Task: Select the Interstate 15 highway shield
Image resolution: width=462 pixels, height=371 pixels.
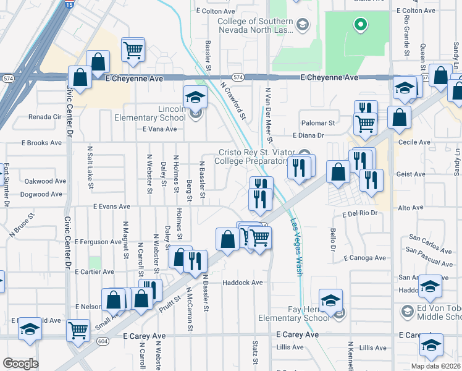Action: pyautogui.click(x=69, y=4)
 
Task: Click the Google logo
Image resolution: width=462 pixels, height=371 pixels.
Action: pyautogui.click(x=20, y=364)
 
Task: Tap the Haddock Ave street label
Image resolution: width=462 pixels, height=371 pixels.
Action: pyautogui.click(x=243, y=283)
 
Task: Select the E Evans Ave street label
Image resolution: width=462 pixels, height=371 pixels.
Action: pyautogui.click(x=112, y=207)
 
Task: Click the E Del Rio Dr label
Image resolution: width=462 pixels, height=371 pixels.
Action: pyautogui.click(x=359, y=213)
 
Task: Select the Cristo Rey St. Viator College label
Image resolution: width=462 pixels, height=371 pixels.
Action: pyautogui.click(x=254, y=157)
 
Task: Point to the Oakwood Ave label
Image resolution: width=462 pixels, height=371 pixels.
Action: pyautogui.click(x=45, y=181)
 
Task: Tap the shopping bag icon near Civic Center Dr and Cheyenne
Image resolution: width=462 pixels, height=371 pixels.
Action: pyautogui.click(x=80, y=78)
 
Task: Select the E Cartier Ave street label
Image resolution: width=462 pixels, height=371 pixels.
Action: pyautogui.click(x=94, y=271)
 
